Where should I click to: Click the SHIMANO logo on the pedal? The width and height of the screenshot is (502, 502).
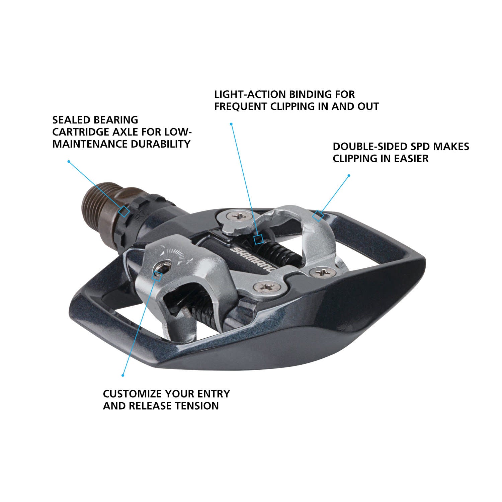pyautogui.click(x=253, y=259)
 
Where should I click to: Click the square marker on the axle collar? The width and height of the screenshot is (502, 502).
pyautogui.click(x=124, y=212)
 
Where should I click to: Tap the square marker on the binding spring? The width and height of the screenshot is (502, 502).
pyautogui.click(x=258, y=239)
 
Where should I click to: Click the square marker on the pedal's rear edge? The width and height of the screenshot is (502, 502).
pyautogui.click(x=318, y=216)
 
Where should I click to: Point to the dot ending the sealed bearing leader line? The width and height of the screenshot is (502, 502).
pyautogui.click(x=69, y=161)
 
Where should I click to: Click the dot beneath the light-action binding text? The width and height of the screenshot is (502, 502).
pyautogui.click(x=231, y=124)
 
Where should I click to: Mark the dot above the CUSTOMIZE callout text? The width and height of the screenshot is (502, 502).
pyautogui.click(x=123, y=375)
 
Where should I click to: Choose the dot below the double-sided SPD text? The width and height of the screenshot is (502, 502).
pyautogui.click(x=349, y=175)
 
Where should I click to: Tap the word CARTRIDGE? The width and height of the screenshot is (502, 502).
pyautogui.click(x=84, y=132)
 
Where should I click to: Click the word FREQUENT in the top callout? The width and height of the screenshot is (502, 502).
pyautogui.click(x=241, y=106)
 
